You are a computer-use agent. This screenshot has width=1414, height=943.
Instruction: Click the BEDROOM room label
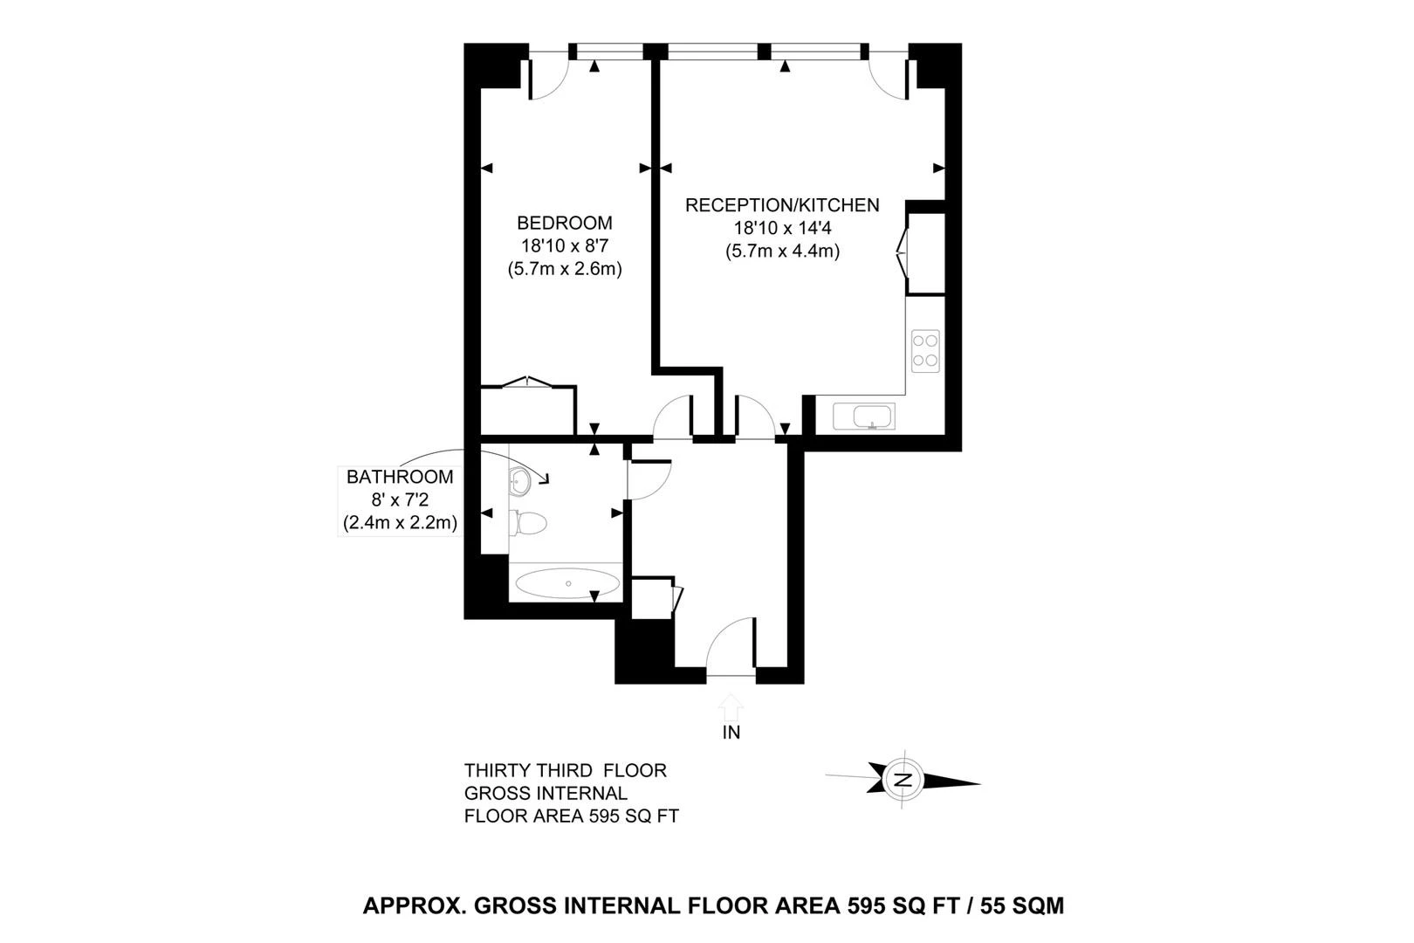pyautogui.click(x=565, y=223)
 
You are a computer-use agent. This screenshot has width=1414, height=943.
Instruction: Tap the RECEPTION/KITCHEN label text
pyautogui.click(x=782, y=205)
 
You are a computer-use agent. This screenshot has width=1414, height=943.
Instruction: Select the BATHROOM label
pyautogui.click(x=400, y=477)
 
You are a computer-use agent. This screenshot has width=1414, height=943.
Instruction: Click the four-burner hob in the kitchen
pyautogui.click(x=925, y=350)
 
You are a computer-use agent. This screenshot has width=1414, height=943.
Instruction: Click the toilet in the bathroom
pyautogui.click(x=528, y=522)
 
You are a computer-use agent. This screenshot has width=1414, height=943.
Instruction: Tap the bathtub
pyautogui.click(x=567, y=583)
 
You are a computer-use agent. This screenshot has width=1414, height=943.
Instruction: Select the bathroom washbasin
pyautogui.click(x=520, y=482)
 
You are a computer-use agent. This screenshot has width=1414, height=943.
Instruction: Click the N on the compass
pyautogui.click(x=904, y=779)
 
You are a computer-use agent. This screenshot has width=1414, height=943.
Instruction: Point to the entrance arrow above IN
pyautogui.click(x=731, y=707)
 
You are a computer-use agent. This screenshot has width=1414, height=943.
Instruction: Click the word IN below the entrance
pyautogui.click(x=731, y=732)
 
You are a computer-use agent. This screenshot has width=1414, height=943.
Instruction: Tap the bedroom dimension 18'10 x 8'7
pyautogui.click(x=565, y=245)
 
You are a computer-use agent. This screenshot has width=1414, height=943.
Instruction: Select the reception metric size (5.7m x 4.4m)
pyautogui.click(x=782, y=251)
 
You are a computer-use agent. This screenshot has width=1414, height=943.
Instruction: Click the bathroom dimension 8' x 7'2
pyautogui.click(x=400, y=500)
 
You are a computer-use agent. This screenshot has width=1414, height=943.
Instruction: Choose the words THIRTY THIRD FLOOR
pyautogui.click(x=566, y=771)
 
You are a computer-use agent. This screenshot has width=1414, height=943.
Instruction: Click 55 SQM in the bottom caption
pyautogui.click(x=1022, y=905)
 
